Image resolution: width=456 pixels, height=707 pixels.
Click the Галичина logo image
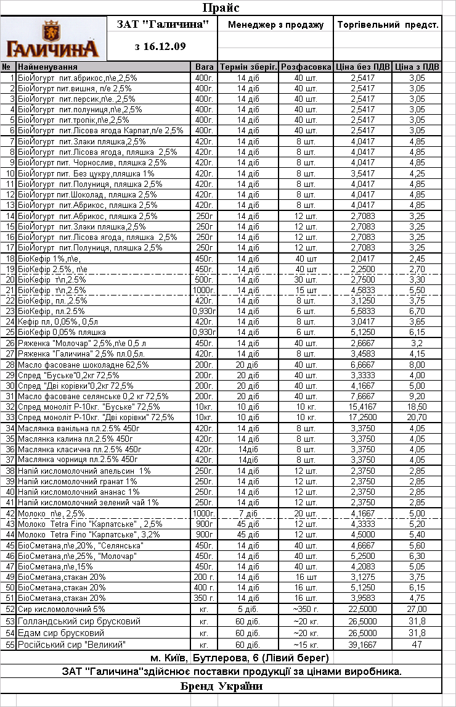(54, 38)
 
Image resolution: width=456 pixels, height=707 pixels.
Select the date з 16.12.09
(160, 46)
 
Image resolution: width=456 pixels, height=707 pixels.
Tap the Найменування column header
(47, 67)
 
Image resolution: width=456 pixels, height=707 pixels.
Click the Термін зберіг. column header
(248, 67)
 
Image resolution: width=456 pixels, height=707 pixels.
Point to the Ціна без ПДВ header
(362, 67)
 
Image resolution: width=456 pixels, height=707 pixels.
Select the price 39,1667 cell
(362, 645)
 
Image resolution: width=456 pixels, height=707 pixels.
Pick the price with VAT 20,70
(417, 417)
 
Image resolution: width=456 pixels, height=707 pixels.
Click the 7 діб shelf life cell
(248, 513)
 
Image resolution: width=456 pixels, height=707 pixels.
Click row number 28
(9, 365)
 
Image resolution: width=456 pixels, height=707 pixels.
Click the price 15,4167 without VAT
(362, 407)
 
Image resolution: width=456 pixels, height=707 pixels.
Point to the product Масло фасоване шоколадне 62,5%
(83, 365)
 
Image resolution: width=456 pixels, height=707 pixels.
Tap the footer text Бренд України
(221, 686)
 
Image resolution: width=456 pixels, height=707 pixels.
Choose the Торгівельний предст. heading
(388, 25)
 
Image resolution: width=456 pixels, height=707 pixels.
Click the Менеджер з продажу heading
(275, 25)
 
